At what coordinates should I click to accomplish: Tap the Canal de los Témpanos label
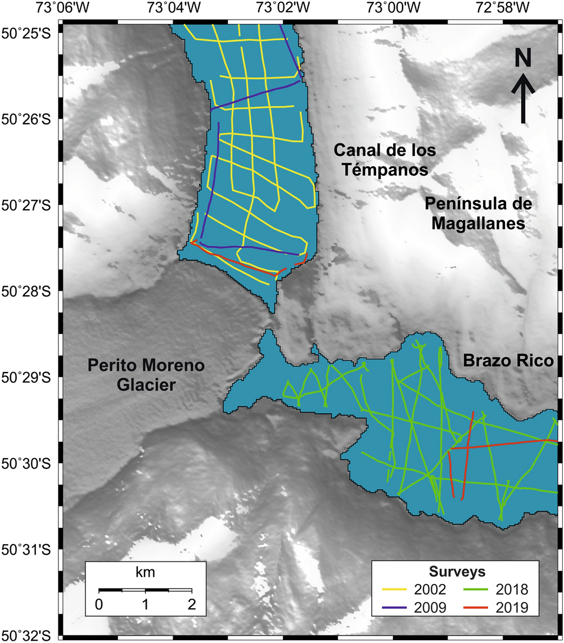pyautogui.click(x=385, y=160)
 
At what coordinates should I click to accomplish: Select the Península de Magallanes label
pyautogui.click(x=478, y=213)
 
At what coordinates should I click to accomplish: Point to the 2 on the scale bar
pyautogui.click(x=192, y=605)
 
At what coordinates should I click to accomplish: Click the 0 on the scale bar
pyautogui.click(x=99, y=605)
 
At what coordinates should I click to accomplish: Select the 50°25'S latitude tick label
pyautogui.click(x=26, y=33)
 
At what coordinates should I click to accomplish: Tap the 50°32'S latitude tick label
pyautogui.click(x=26, y=635)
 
